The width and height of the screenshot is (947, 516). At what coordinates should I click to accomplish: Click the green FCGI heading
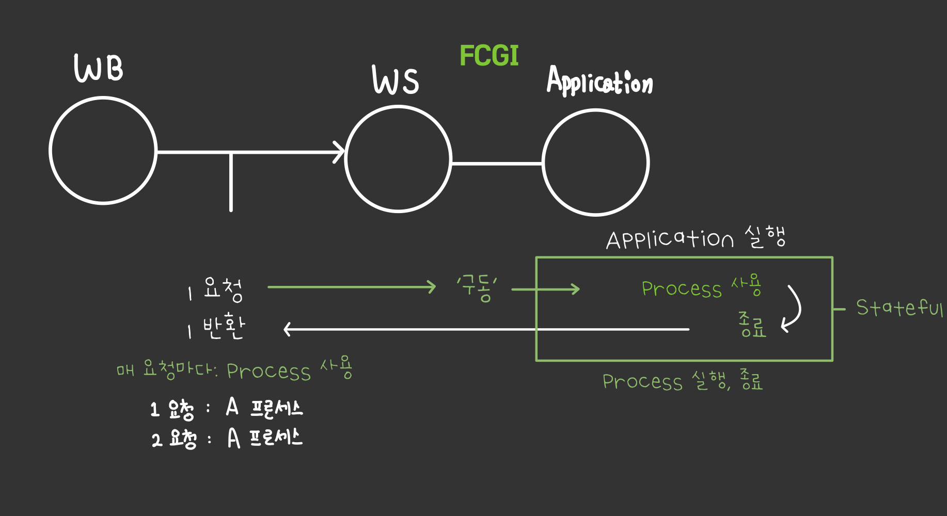(x=488, y=56)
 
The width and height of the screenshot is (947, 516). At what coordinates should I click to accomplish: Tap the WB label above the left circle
(x=99, y=68)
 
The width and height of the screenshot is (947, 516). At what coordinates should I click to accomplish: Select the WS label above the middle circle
(x=396, y=80)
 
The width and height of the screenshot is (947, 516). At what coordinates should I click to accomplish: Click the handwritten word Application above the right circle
(x=599, y=82)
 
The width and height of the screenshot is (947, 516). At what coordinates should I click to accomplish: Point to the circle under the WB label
(x=103, y=151)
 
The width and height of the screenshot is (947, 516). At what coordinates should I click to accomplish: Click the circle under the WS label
(x=398, y=159)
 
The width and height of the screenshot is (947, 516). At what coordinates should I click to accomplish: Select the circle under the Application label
(x=595, y=163)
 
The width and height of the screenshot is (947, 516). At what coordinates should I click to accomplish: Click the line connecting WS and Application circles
(x=497, y=164)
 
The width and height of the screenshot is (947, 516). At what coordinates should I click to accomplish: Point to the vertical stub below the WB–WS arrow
(x=231, y=183)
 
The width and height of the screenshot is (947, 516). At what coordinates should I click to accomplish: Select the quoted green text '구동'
(x=477, y=288)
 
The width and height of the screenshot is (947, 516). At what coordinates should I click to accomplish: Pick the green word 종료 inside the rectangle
(x=752, y=325)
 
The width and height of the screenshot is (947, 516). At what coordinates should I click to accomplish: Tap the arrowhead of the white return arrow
(x=288, y=329)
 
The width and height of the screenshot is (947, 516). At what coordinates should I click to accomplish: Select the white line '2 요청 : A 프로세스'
(x=227, y=439)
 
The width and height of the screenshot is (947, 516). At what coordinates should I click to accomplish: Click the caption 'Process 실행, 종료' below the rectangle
(x=682, y=382)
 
